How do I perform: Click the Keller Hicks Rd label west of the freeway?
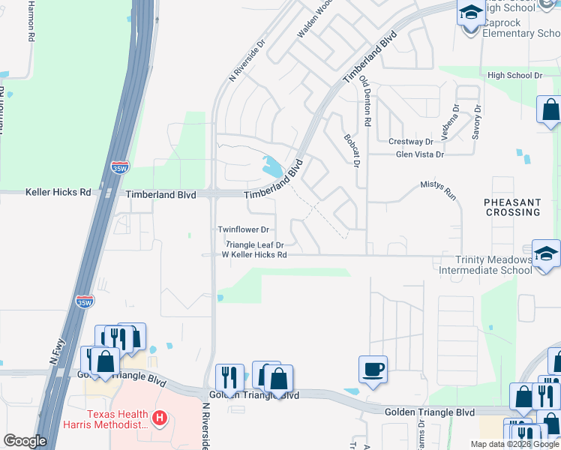[x=58, y=192]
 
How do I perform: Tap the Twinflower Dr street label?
[x=243, y=229]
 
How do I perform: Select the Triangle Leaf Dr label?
[x=255, y=244]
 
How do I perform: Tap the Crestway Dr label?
[x=411, y=141]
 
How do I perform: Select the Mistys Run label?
[x=438, y=187]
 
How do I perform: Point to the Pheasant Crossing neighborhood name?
[x=512, y=207]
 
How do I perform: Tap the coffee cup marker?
[x=373, y=369]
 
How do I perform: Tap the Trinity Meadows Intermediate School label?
[x=485, y=264]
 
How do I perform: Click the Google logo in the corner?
[x=25, y=441]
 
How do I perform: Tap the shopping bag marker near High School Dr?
[x=550, y=111]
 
